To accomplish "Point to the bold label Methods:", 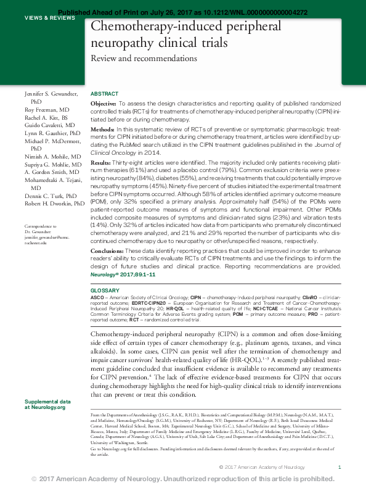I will pos(102,129).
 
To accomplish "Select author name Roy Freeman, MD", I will pos(46,109).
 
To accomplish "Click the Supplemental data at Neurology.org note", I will pos(47,404).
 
